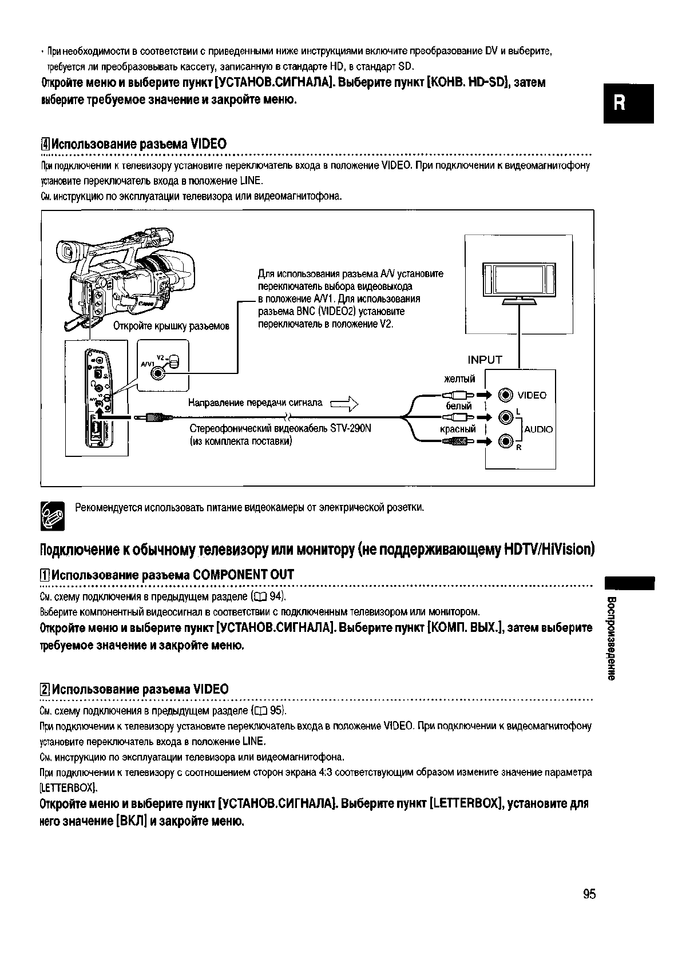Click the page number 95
click(589, 894)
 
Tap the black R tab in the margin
click(628, 104)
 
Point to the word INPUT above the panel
click(485, 360)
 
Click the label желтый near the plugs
click(459, 379)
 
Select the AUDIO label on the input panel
click(538, 429)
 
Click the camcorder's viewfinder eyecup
click(66, 252)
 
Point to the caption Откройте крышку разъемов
click(172, 327)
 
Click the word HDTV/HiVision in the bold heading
click(549, 550)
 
